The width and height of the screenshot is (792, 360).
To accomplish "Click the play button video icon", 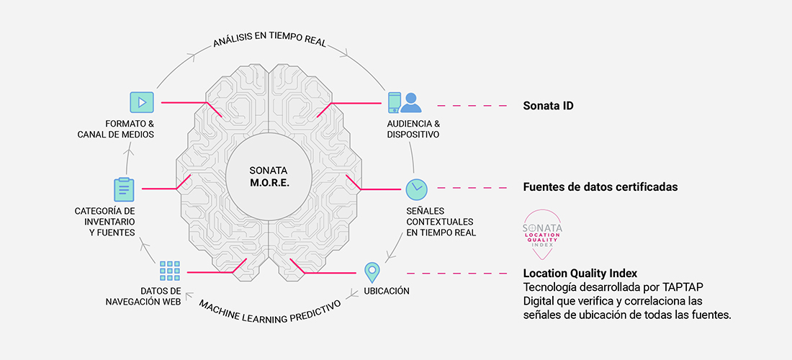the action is [141, 102].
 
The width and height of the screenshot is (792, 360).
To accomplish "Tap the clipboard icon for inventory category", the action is [124, 189].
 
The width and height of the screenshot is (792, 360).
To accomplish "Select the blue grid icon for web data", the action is [170, 271].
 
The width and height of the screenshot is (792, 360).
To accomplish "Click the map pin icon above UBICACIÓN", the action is [372, 273].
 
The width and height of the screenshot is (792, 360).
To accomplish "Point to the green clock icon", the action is [417, 189].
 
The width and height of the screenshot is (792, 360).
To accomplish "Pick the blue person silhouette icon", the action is [411, 103].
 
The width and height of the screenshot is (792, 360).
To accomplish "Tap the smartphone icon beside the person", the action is [394, 102].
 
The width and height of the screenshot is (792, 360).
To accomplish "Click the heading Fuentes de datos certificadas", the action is [600, 186].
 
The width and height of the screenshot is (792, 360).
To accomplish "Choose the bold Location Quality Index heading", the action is [580, 273].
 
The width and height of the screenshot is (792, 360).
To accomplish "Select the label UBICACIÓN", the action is [387, 291].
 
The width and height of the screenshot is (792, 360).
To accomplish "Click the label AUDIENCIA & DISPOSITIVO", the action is [413, 129].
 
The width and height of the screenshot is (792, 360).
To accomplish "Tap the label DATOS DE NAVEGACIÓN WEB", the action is [143, 297].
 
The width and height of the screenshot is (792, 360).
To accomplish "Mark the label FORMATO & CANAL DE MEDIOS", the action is [116, 129].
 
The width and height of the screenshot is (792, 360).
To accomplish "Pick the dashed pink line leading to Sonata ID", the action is [472, 106].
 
